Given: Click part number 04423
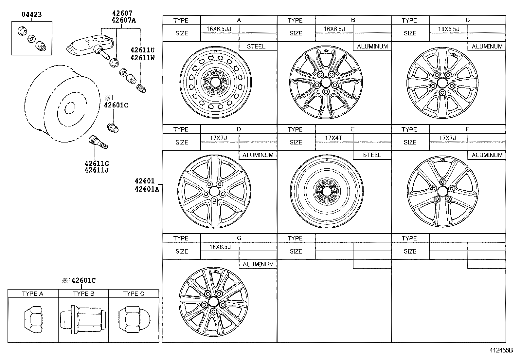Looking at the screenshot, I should point(32,14).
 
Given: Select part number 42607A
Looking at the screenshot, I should point(123,20).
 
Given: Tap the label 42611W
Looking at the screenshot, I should point(142,58).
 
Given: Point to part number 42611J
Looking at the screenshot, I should point(97,170).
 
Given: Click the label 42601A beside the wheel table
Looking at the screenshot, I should point(146,189).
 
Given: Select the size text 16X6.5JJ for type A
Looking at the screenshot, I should point(219,29).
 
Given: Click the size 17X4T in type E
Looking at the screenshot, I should point(333,138).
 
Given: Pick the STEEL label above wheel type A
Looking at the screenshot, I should point(256,47).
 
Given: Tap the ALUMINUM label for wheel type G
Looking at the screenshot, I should point(258,264).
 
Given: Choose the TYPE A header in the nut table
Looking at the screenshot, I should point(33,294).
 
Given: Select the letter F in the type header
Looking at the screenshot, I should point(467,129).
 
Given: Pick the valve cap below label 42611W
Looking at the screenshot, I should point(142,88).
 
